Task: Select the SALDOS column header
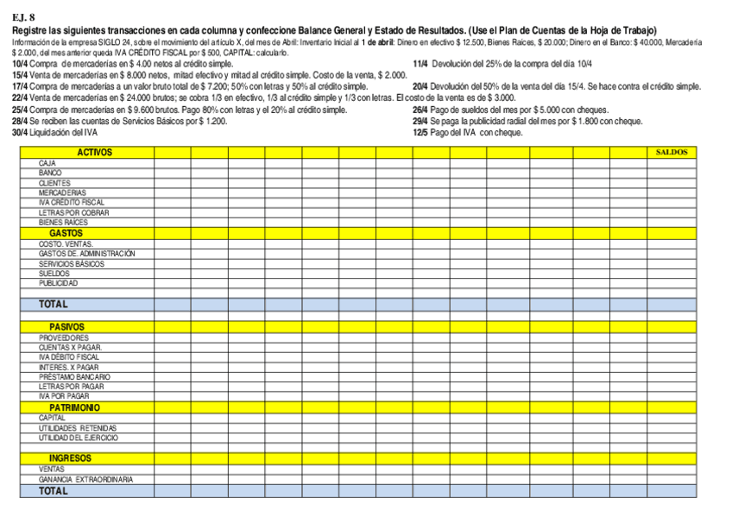pyautogui.click(x=672, y=152)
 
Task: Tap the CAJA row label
pyautogui.click(x=47, y=162)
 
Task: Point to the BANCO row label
pyautogui.click(x=50, y=173)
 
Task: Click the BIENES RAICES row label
pyautogui.click(x=63, y=223)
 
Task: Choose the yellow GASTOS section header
pyautogui.click(x=66, y=233)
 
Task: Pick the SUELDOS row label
pyautogui.click(x=54, y=273)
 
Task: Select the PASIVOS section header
pyautogui.click(x=66, y=327)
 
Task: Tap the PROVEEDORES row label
pyautogui.click(x=63, y=337)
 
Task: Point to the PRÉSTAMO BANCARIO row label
pyautogui.click(x=74, y=377)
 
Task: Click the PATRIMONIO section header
pyautogui.click(x=74, y=407)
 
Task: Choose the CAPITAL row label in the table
pyautogui.click(x=52, y=418)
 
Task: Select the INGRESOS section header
pyautogui.click(x=70, y=458)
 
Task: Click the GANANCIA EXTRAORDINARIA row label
pyautogui.click(x=85, y=479)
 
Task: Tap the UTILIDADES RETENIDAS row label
pyautogui.click(x=77, y=428)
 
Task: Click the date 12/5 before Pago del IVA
pyautogui.click(x=420, y=133)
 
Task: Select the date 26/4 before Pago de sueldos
pyautogui.click(x=420, y=110)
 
